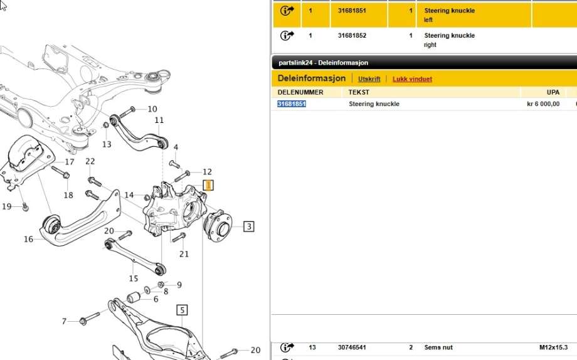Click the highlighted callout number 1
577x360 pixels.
point(208,185)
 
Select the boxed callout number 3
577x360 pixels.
point(249,226)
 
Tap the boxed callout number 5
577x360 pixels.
point(182,310)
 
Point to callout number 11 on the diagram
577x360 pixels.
point(159,120)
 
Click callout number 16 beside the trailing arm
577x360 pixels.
point(28,239)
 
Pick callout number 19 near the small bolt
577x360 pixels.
point(7,206)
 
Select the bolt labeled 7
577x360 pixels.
point(90,319)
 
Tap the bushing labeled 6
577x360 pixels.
point(134,296)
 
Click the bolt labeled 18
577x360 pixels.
point(60,172)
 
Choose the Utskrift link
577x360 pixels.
point(369,79)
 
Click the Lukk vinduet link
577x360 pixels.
point(412,79)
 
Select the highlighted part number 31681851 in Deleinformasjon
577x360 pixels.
point(292,104)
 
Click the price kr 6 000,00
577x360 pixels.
point(543,104)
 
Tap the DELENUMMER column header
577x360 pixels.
point(300,92)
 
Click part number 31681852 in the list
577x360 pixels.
point(352,36)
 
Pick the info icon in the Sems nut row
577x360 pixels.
point(287,347)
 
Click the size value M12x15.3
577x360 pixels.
point(553,347)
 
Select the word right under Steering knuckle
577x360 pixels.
point(430,45)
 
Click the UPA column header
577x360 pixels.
point(553,92)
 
